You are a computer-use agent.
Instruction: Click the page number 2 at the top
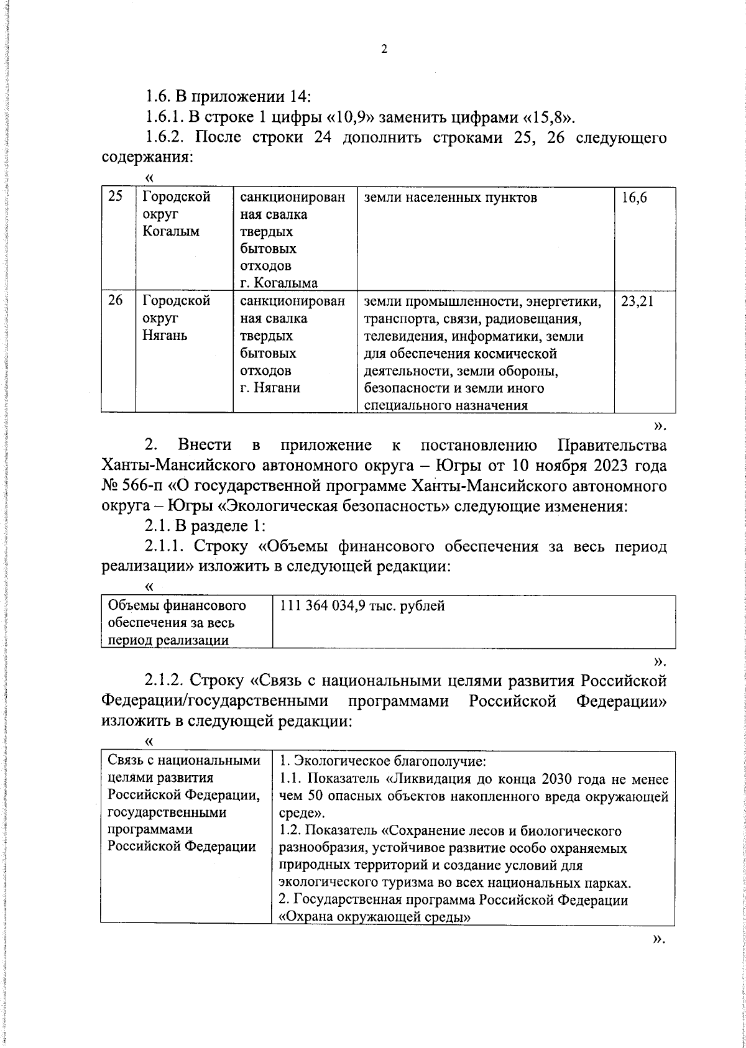click(x=384, y=50)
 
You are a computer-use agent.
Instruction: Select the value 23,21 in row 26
click(x=637, y=302)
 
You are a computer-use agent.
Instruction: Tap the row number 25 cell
click(x=116, y=198)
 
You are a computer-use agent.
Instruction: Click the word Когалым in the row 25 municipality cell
click(x=170, y=232)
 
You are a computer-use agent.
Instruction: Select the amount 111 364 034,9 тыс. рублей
click(x=362, y=605)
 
